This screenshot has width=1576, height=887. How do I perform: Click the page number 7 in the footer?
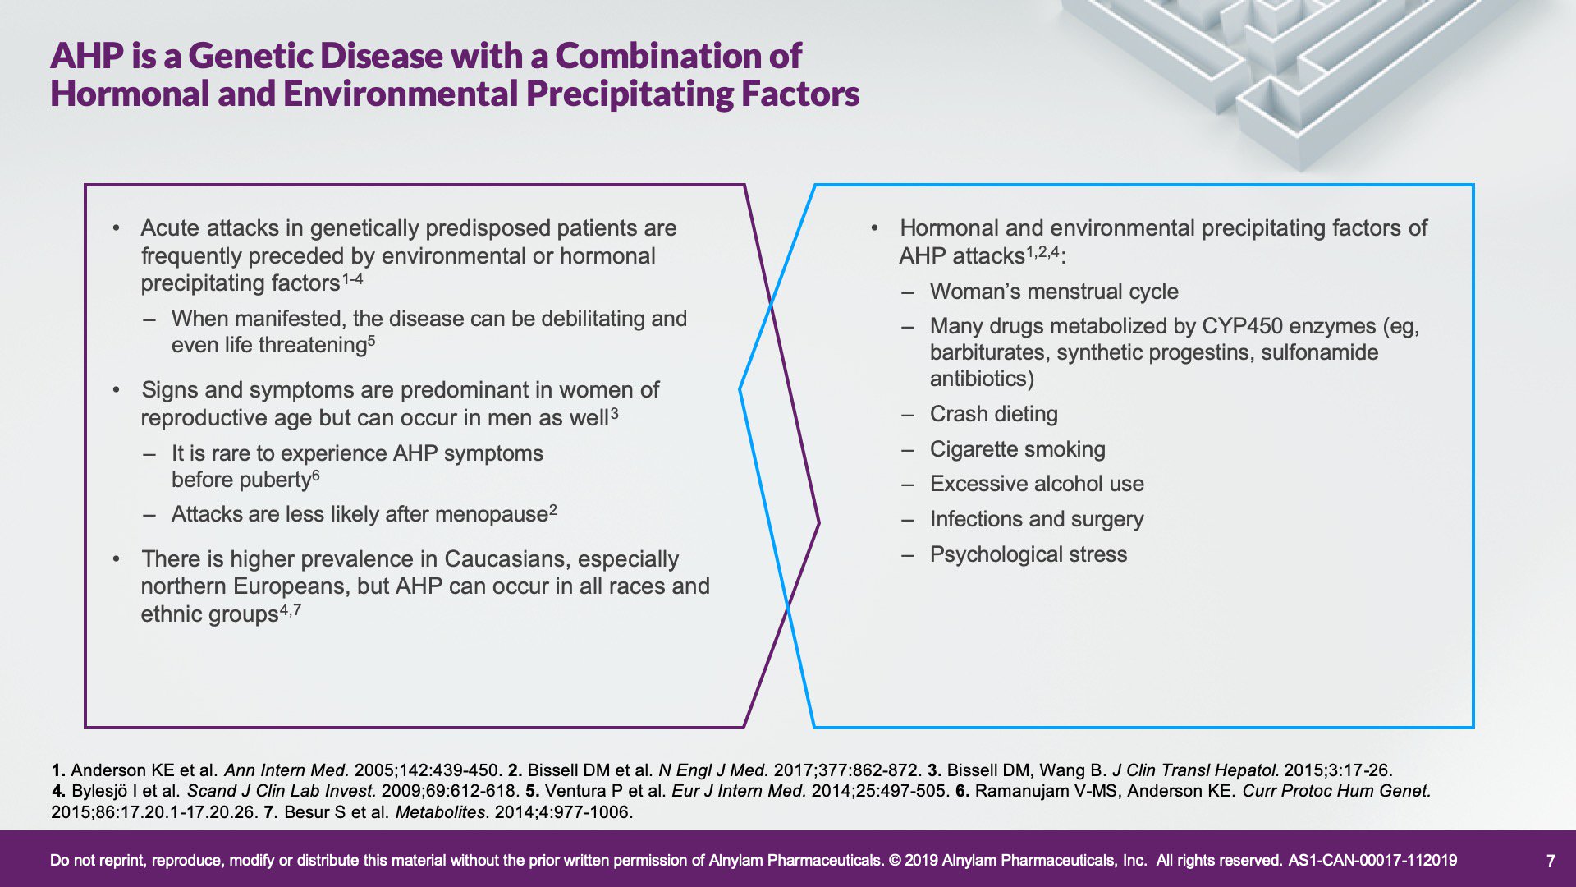(1551, 861)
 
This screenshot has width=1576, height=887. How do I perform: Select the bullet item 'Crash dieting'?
(993, 414)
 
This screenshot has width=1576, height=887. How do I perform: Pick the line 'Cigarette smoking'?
(1017, 449)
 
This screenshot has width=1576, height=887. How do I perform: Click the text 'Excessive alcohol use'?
(1037, 484)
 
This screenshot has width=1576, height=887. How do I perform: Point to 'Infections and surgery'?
(1037, 519)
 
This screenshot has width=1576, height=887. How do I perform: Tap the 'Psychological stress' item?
(1029, 554)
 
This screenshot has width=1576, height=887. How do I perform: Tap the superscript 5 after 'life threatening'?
(371, 340)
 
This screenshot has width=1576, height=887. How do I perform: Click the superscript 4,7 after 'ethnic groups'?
(291, 610)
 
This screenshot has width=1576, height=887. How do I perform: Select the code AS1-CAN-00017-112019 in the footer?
(1372, 861)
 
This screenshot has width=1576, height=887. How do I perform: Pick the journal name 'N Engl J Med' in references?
(713, 770)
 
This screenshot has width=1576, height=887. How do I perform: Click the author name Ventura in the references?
(573, 791)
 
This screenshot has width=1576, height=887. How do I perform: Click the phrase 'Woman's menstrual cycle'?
(1054, 292)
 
